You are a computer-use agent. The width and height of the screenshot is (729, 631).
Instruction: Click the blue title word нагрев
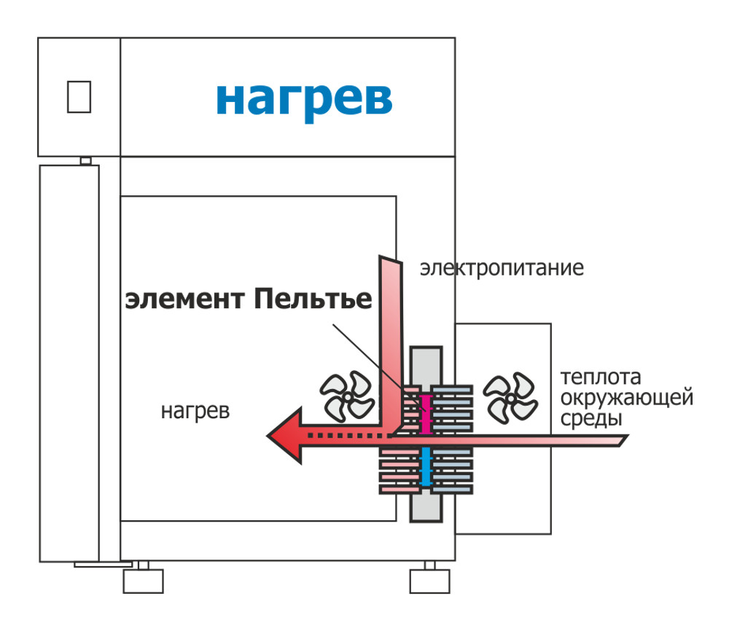click(304, 101)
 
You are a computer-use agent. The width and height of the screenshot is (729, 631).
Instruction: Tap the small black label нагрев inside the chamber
click(195, 412)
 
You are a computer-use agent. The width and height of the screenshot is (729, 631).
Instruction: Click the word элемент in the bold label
click(184, 299)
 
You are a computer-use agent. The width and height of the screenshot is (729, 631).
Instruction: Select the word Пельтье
click(313, 298)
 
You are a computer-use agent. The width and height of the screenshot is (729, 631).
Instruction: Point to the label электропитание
click(502, 269)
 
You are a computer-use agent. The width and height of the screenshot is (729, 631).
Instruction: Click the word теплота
click(600, 377)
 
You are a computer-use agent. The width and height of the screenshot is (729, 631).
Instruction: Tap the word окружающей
click(626, 398)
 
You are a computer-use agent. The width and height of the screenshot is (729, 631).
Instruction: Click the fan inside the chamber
click(347, 397)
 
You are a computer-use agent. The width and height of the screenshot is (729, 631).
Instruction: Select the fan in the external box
click(510, 398)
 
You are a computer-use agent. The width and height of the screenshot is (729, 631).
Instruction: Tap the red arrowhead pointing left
click(285, 436)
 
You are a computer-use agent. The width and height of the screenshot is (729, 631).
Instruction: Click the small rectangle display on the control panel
click(79, 97)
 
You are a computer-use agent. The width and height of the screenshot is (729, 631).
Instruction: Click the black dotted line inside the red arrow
click(346, 436)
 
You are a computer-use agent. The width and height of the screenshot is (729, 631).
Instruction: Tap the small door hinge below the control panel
click(85, 161)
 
